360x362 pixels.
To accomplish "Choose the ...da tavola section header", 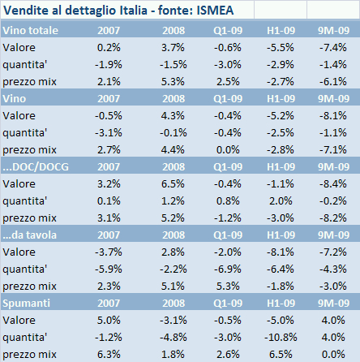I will pyautogui.click(x=28, y=236).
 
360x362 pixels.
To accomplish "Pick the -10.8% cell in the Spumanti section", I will pyautogui.click(x=279, y=337).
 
